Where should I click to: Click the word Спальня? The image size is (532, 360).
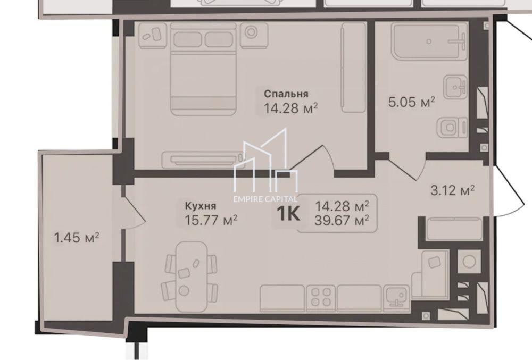point(286,94)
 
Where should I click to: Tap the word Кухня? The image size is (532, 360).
point(201,206)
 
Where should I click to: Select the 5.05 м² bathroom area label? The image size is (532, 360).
point(412,102)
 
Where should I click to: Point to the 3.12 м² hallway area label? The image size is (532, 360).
point(452,190)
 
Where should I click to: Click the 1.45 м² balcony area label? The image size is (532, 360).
point(77,238)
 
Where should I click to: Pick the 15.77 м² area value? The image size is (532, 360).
point(211,221)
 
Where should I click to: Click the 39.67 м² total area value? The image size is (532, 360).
point(342,221)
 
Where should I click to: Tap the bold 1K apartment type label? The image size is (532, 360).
point(288,214)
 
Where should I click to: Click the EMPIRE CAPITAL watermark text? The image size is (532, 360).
point(265,199)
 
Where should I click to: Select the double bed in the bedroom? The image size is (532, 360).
point(203,69)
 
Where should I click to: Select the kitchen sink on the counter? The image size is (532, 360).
point(396,297)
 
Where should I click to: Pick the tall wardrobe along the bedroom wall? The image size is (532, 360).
point(354,68)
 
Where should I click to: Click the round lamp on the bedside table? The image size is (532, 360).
point(251,32)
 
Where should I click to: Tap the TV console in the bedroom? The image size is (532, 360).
point(203,160)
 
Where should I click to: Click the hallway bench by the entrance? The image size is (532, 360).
point(454,230)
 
